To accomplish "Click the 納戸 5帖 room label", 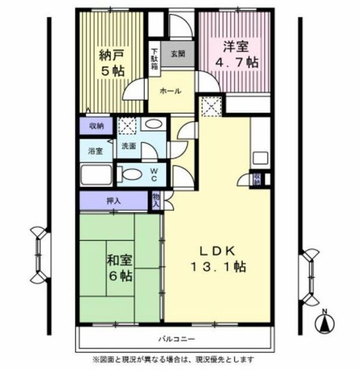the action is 112,63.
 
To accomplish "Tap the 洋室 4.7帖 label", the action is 237,54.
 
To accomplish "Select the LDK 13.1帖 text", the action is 218,259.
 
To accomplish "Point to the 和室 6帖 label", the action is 120,268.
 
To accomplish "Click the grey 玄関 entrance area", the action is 178,54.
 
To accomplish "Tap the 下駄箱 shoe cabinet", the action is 155,59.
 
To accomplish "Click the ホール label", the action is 171,91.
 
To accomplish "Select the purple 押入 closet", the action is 114,201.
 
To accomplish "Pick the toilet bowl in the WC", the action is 129,175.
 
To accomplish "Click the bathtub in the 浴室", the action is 96,175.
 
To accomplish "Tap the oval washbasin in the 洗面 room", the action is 153,124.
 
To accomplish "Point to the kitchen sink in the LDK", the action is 260,158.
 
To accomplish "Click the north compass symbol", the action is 325,323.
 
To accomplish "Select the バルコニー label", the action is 177,339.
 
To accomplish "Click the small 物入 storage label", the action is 156,201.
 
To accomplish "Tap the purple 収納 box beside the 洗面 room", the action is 96,126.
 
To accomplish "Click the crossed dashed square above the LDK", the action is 212,106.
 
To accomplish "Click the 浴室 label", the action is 95,151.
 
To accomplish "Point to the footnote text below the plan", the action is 173,360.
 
